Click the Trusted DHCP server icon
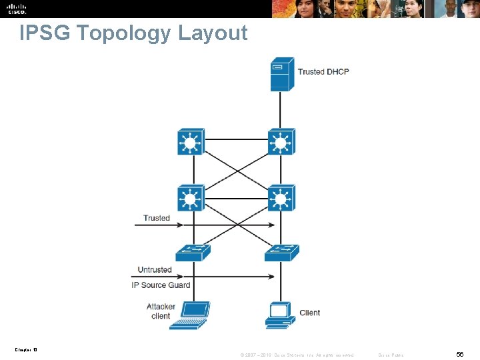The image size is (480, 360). click(x=281, y=75)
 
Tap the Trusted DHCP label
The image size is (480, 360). click(x=323, y=71)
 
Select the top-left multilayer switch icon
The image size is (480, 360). click(x=191, y=142)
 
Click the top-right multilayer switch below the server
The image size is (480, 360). click(x=281, y=142)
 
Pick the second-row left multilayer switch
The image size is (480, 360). click(x=191, y=198)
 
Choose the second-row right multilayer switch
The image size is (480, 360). click(x=281, y=198)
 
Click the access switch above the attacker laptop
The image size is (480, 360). click(x=193, y=253)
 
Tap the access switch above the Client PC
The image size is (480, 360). click(x=281, y=253)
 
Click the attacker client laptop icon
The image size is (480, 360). click(x=191, y=315)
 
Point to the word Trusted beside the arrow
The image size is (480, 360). click(x=157, y=218)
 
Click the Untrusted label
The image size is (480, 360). click(x=155, y=270)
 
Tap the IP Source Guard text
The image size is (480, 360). click(x=161, y=285)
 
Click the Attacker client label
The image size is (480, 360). click(x=161, y=311)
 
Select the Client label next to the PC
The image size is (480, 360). click(x=310, y=313)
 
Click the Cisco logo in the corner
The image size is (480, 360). click(x=17, y=9)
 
